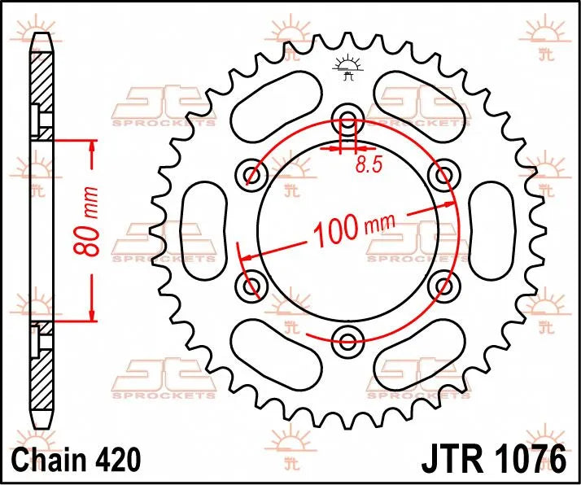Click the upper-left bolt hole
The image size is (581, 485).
pos(252,172)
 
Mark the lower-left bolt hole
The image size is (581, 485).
pos(252,284)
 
